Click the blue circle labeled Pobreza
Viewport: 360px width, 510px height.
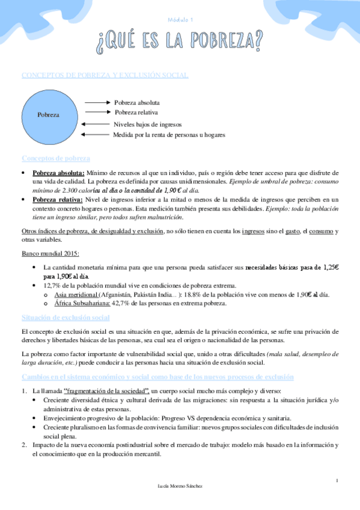[x=49, y=114]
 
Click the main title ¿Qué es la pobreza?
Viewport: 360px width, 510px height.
[x=180, y=40]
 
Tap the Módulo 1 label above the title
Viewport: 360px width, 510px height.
[x=180, y=20]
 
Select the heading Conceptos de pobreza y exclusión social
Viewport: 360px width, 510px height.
[x=105, y=75]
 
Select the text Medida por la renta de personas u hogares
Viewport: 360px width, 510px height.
[x=169, y=135]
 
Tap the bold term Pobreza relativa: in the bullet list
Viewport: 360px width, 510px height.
[x=58, y=199]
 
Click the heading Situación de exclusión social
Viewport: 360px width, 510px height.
[x=66, y=318]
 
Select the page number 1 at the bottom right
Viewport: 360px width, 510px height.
[x=337, y=480]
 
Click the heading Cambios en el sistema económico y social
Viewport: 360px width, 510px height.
[x=157, y=377]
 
